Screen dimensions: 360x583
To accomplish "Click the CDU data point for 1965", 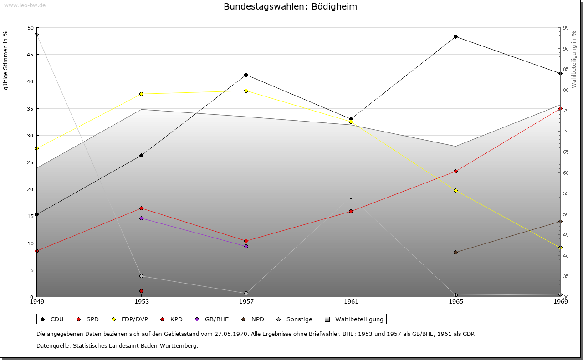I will coord(455,37).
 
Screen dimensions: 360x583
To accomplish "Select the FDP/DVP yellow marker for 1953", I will coord(141,94).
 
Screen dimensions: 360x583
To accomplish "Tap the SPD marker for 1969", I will coord(560,109).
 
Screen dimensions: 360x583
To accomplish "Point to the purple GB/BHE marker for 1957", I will coord(246,247).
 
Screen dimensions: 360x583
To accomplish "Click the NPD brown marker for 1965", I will coord(455,253).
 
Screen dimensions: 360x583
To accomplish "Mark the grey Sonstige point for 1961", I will coord(351,197).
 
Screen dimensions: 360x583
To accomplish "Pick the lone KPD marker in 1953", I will coord(141,291).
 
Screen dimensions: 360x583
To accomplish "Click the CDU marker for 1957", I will coord(246,75).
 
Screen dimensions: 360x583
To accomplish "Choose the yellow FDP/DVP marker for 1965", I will coord(455,191).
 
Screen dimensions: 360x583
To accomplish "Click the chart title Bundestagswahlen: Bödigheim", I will coord(290,7).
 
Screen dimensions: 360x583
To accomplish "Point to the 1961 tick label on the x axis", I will coord(351,301).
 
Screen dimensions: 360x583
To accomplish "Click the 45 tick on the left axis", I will coord(30,55).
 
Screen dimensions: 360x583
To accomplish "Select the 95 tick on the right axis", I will coord(566,28).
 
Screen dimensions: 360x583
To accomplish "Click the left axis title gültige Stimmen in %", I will coord(5,60).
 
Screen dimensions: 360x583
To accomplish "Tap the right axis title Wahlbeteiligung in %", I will coord(574,59).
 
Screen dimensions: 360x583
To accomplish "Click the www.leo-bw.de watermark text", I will coord(25,5).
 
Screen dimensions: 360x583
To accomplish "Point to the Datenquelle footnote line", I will coord(117,346).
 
